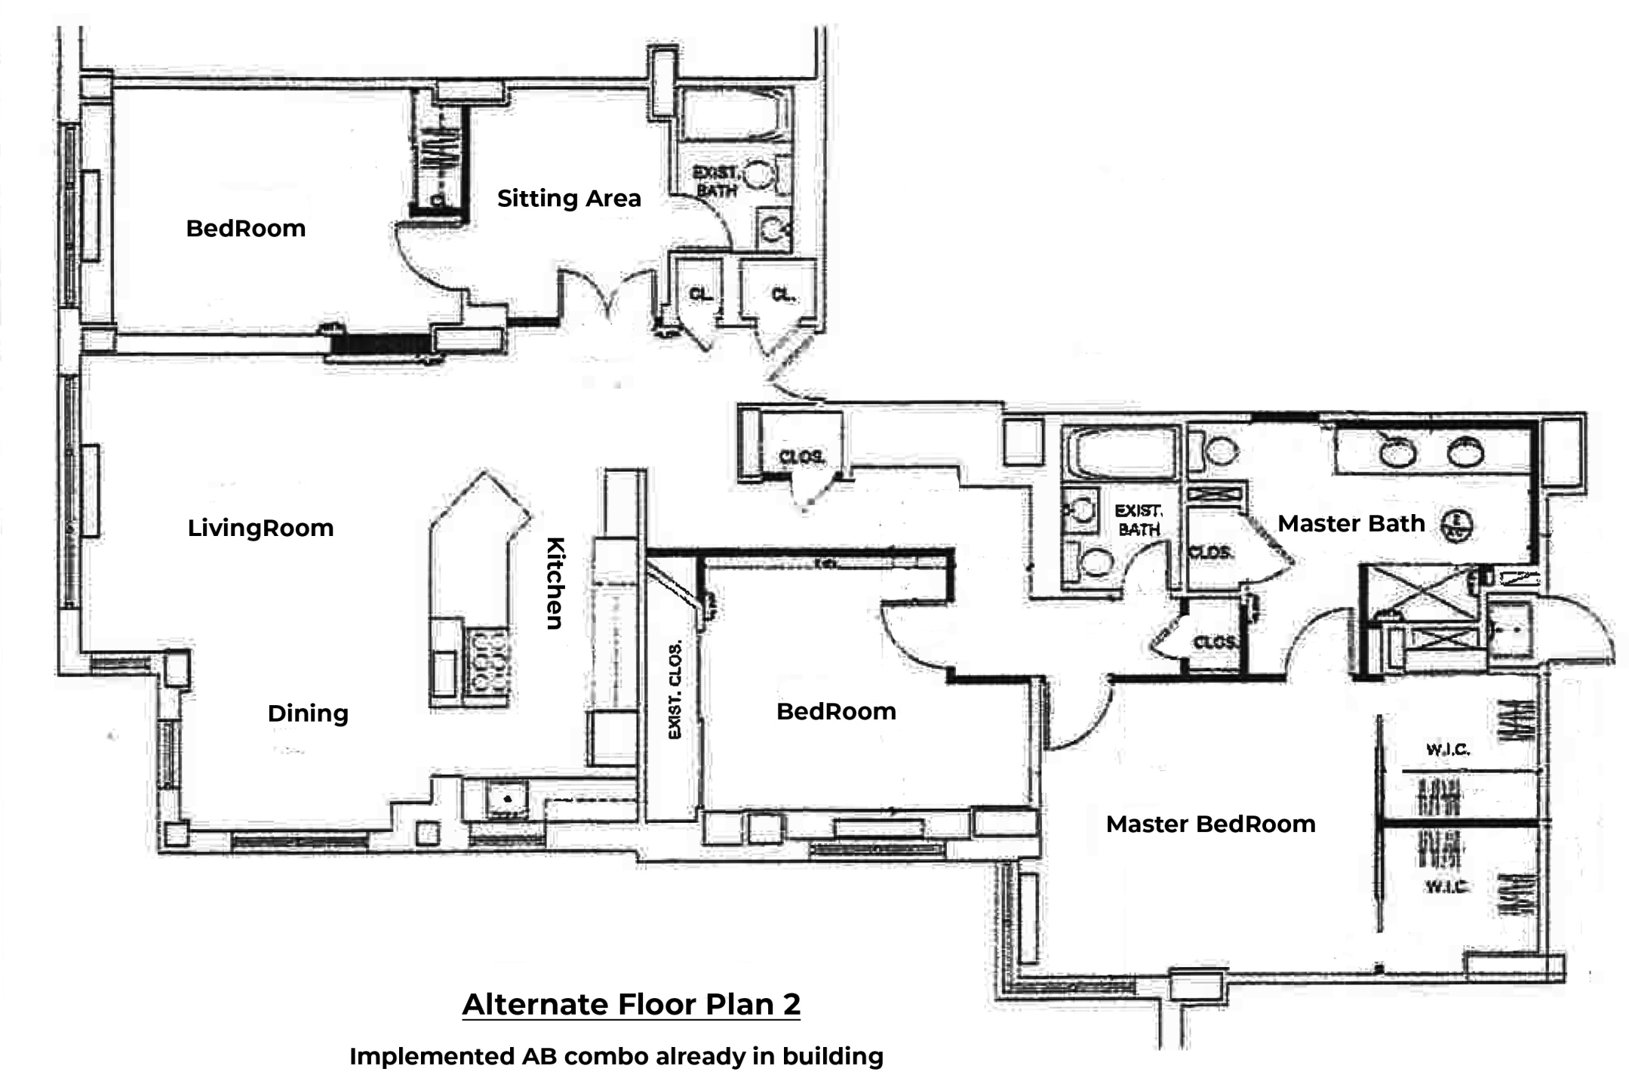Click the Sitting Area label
pos(569,199)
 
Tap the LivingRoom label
pos(260,528)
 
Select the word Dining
pos(308,713)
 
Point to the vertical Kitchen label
pos(555,583)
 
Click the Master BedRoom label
pos(1210,824)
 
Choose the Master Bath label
pos(1351,523)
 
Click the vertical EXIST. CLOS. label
pos(675,689)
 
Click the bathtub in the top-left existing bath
pos(733,117)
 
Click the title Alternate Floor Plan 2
pos(631,1004)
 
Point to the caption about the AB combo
pos(616,1056)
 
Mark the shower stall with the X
pos(1418,593)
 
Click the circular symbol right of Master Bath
pos(1458,524)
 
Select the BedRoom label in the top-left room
pos(245,229)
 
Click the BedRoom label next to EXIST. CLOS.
pos(836,711)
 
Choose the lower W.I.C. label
pos(1446,886)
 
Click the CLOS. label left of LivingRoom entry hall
pos(801,457)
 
